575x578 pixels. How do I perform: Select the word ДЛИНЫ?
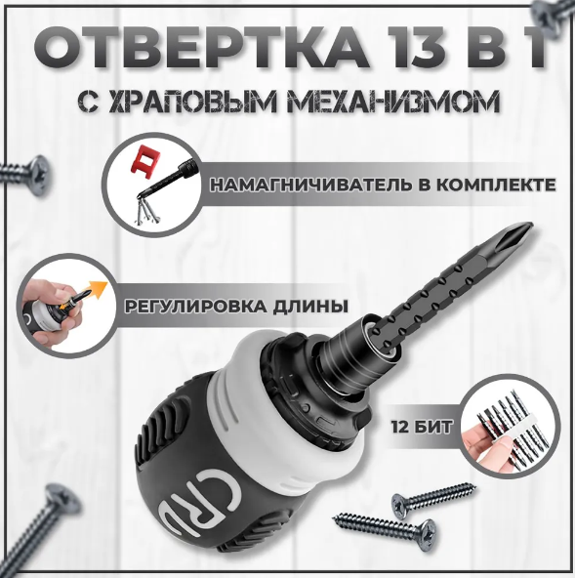(310, 306)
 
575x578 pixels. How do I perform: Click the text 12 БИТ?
(422, 428)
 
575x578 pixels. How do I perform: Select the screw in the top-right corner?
(553, 14)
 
